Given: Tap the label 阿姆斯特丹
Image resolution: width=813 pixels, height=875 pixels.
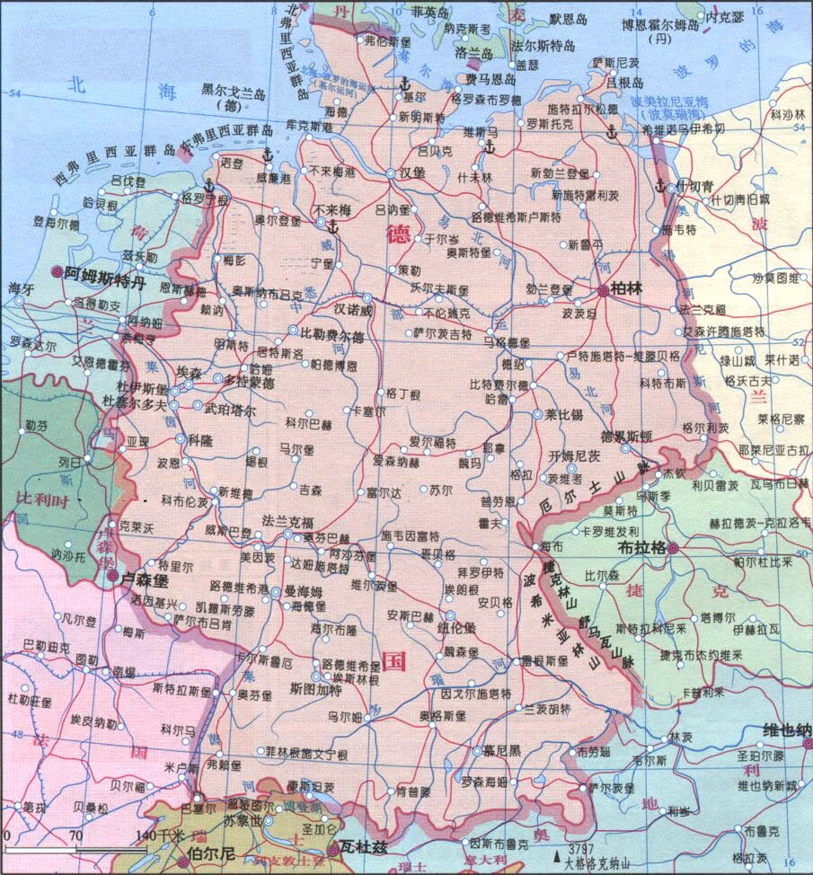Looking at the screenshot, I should [x=108, y=271].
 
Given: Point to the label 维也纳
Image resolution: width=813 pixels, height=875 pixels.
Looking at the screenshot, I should [x=786, y=729].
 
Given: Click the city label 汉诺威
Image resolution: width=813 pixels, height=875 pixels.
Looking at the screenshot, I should [x=352, y=308].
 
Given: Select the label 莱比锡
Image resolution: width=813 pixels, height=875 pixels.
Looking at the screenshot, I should [x=563, y=415].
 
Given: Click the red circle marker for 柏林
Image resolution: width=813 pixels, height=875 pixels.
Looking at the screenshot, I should [x=602, y=290].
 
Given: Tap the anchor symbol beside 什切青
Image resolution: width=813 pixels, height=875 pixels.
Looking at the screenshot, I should [x=658, y=187].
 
